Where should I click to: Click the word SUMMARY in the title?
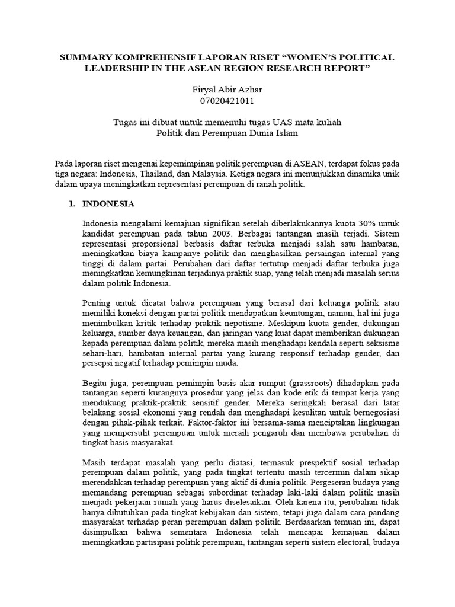[x=85, y=56]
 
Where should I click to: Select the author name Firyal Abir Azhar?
[x=227, y=89]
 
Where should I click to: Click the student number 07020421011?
[x=227, y=100]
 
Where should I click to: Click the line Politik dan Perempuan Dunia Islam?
[x=227, y=133]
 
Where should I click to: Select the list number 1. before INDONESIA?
[x=72, y=204]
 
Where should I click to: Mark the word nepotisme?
[x=243, y=324]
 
